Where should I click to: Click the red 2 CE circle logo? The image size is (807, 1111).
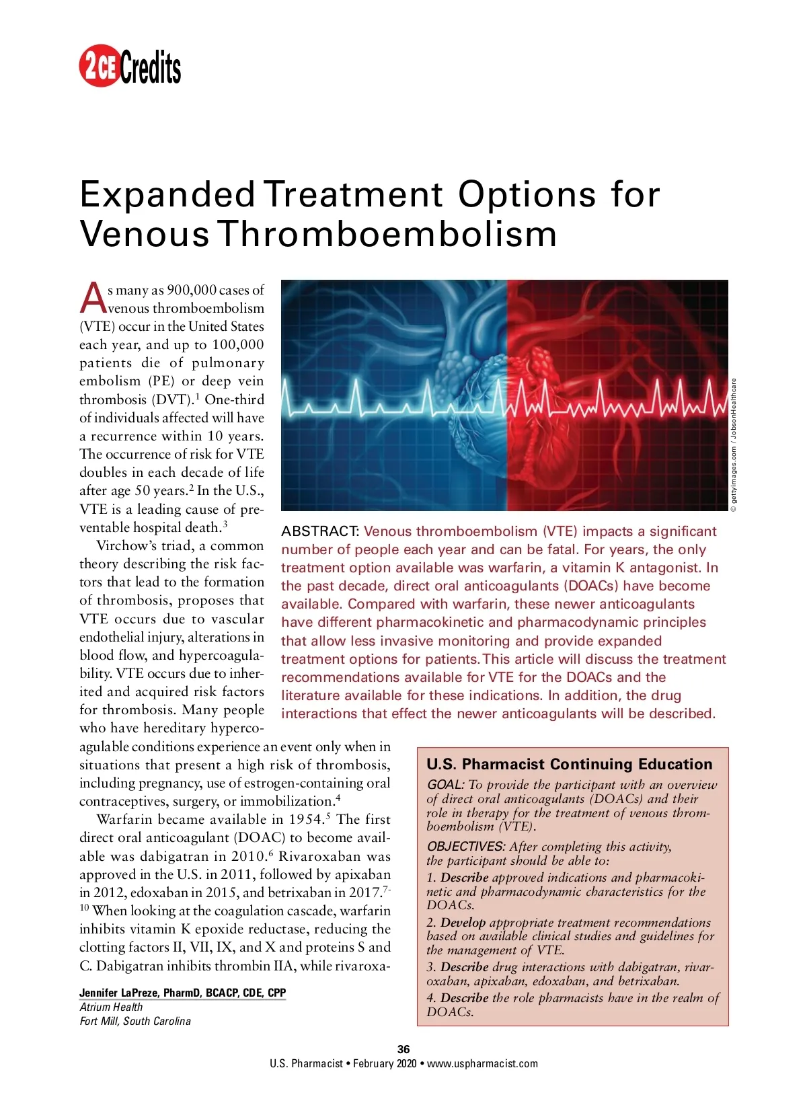pos(100,66)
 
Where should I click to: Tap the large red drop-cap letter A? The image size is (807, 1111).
pos(93,298)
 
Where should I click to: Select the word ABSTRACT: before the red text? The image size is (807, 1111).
pos(320,531)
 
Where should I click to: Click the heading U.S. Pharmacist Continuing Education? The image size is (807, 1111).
pos(569,764)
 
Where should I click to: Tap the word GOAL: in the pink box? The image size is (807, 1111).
pos(445,785)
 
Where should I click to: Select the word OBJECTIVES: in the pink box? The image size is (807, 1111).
pos(466,847)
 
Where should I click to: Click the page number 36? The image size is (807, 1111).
pos(403,1049)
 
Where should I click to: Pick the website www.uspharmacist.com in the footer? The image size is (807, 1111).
pos(482,1063)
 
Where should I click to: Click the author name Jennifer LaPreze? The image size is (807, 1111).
pos(120,993)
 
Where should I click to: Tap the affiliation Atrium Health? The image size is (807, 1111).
pos(111,1007)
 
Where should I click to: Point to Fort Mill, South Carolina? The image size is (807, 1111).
pos(135,1021)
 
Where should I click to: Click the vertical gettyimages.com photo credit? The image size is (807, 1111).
pos(734,445)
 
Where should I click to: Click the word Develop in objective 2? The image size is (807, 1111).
pos(463,923)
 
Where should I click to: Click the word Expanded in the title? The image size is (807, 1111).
pos(167,194)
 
